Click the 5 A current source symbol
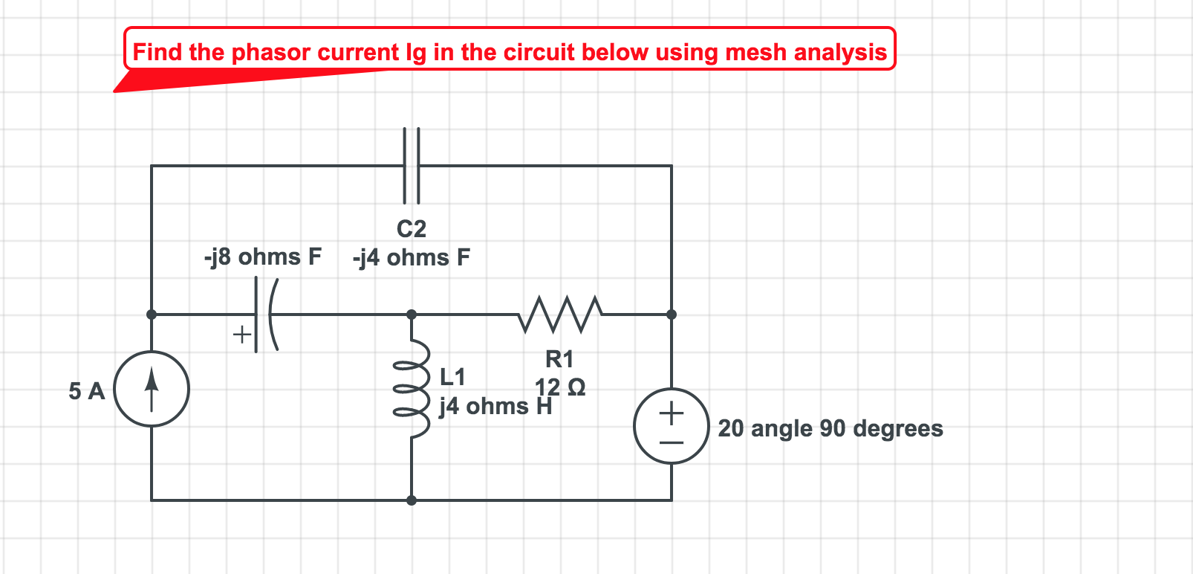coord(152,389)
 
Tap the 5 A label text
coord(87,391)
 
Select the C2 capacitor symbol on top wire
coord(412,166)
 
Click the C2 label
coord(412,228)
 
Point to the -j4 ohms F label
coord(412,257)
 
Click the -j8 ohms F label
coord(263,257)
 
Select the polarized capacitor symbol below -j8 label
coord(265,315)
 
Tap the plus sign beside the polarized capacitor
coord(241,334)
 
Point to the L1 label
coord(452,376)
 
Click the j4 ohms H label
coord(495,407)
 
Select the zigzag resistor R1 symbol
coord(560,314)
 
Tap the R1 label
coord(559,359)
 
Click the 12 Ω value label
coord(560,387)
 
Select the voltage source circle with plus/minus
coord(671,426)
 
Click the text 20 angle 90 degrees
coord(830,428)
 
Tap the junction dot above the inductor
coord(412,315)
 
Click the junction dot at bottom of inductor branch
coord(412,500)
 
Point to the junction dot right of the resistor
coord(672,315)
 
